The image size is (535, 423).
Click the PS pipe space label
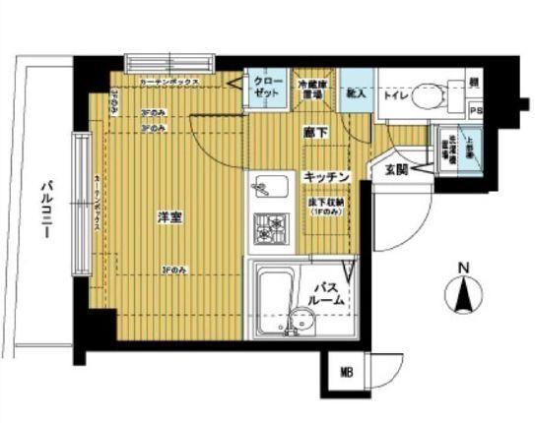point(476,112)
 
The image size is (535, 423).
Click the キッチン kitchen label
point(326,175)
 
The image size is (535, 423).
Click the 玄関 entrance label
point(397,169)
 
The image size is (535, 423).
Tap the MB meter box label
point(347,372)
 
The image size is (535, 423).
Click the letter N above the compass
point(464,266)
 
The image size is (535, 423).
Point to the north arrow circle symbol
point(464,295)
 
